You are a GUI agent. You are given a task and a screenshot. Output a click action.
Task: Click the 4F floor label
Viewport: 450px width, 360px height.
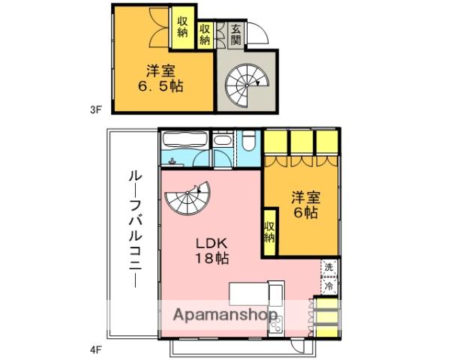pos(95,348)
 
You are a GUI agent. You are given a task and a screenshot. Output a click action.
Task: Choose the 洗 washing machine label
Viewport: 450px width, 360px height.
pos(328,268)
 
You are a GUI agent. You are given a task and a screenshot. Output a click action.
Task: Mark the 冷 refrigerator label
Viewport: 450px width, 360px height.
pos(328,285)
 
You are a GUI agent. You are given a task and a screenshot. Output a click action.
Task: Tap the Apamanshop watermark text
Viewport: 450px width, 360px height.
pos(226,315)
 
